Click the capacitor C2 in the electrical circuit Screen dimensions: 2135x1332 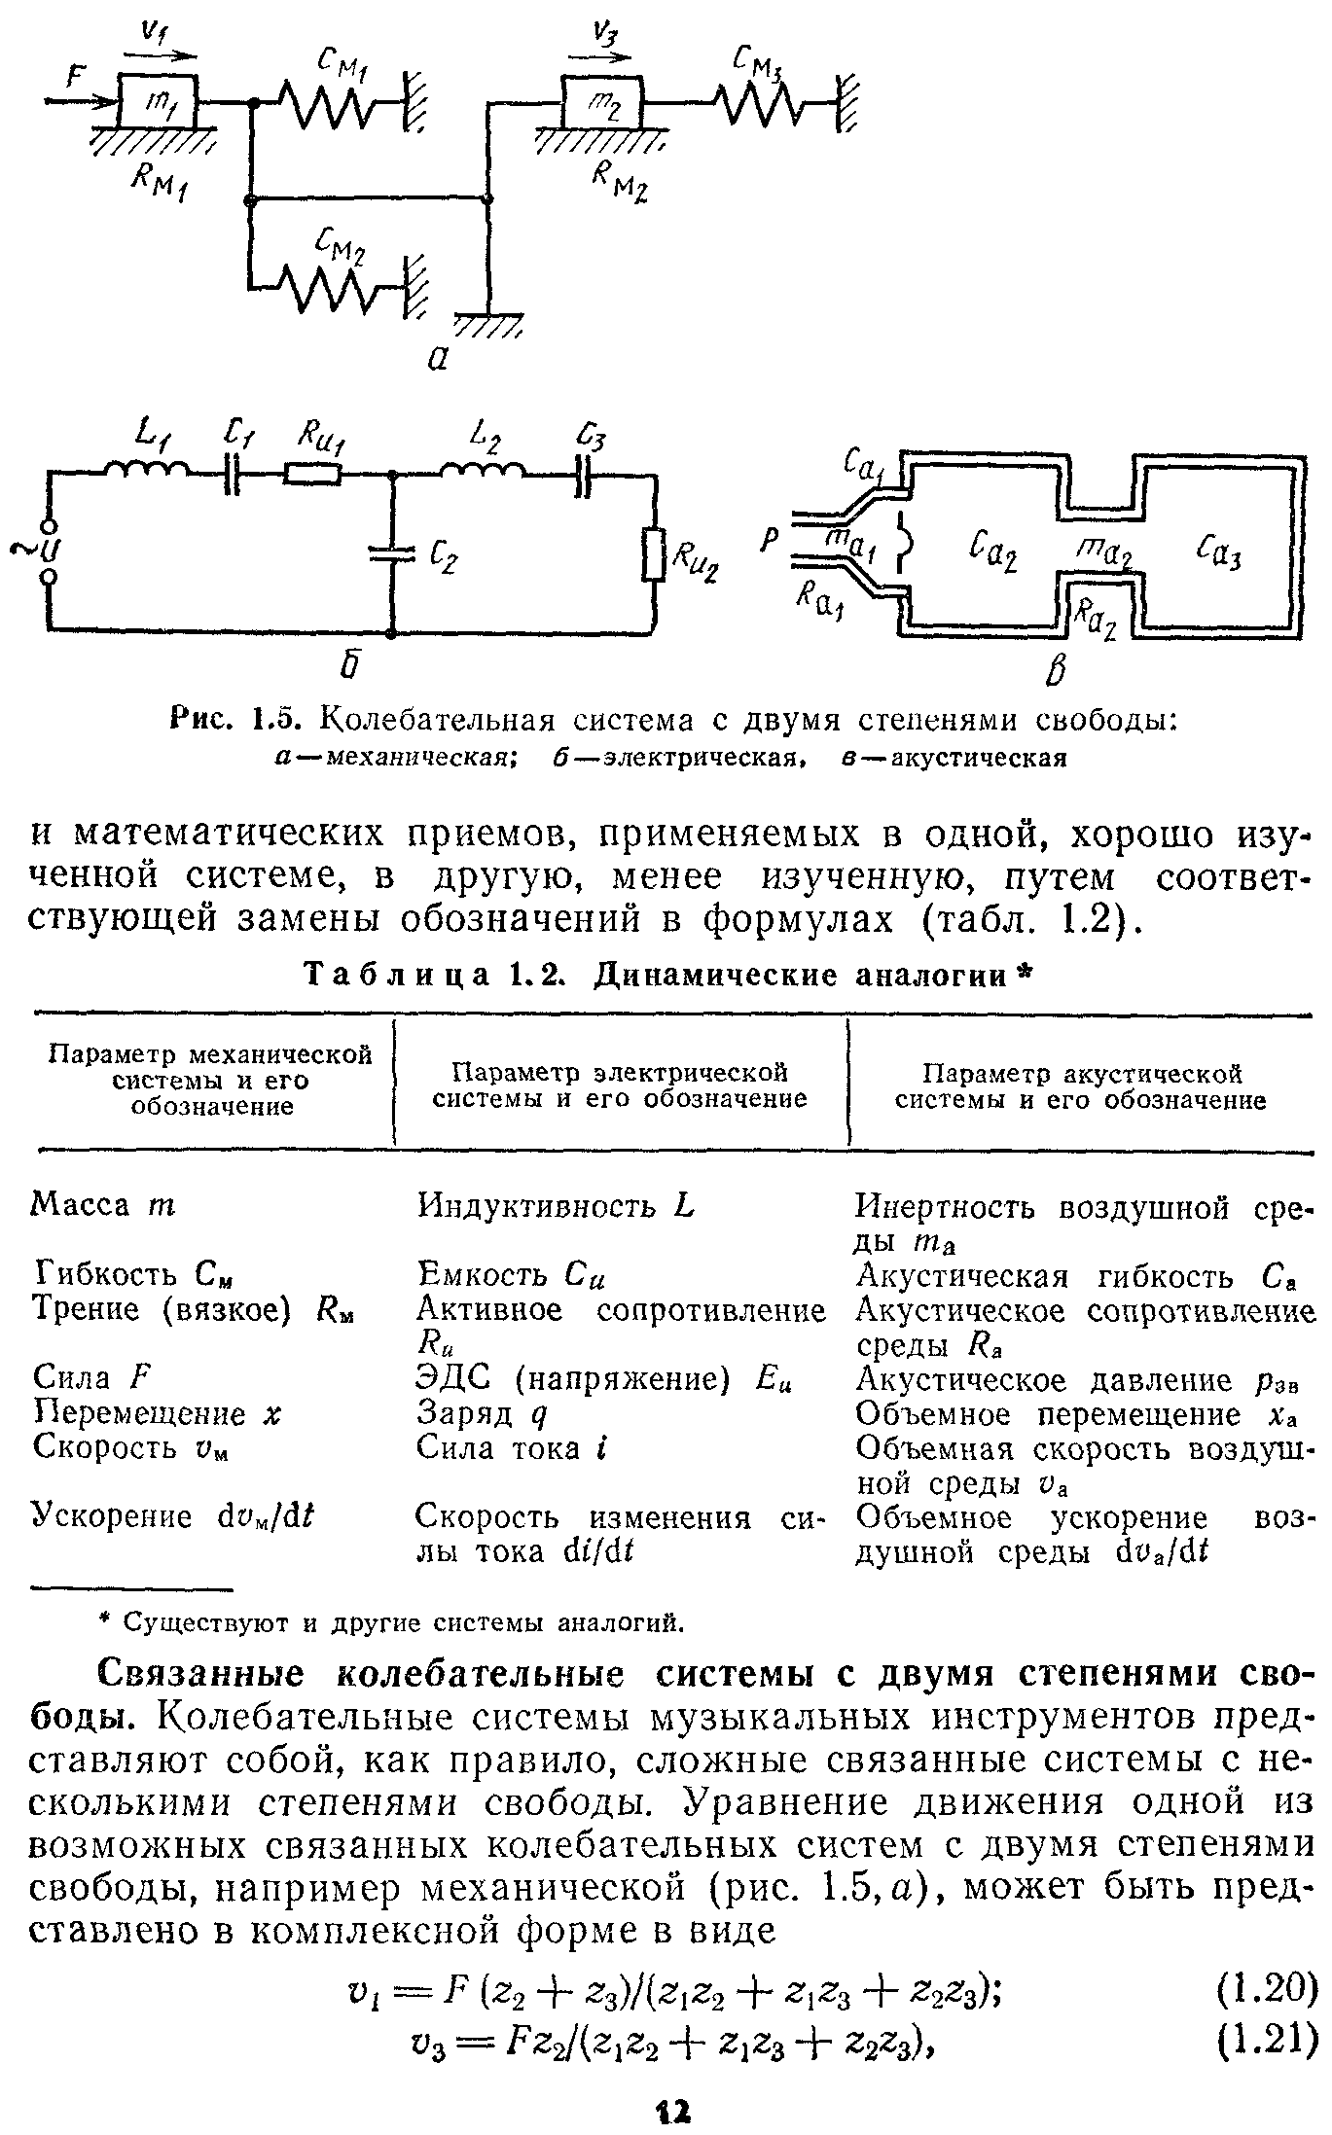[392, 553]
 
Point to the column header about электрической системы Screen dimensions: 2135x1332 [620, 1085]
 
